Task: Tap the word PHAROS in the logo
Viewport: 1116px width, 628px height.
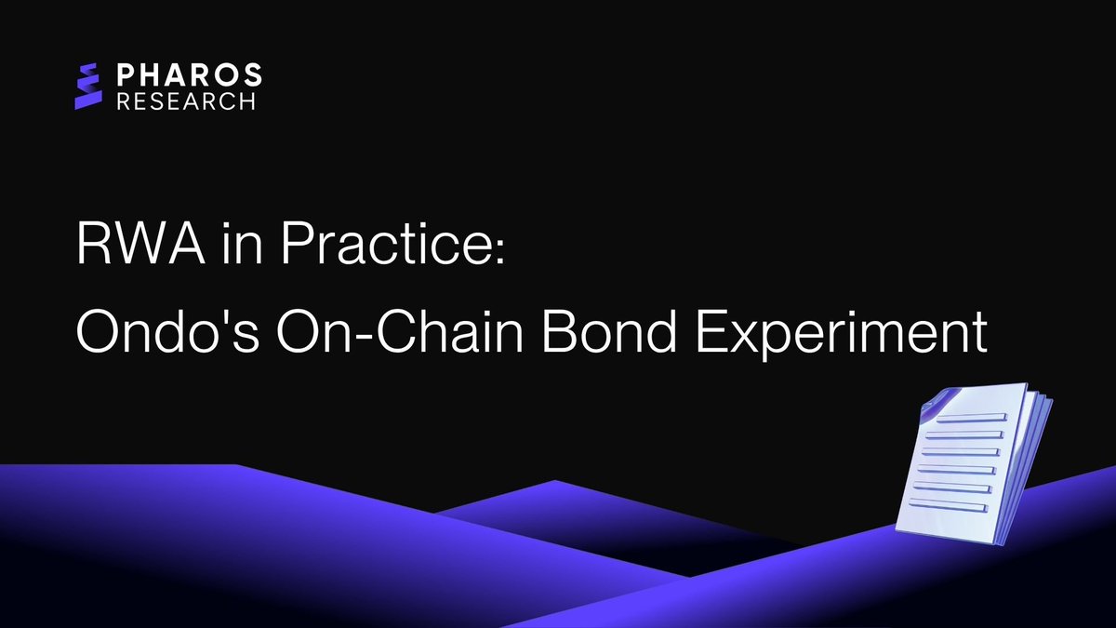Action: (x=190, y=74)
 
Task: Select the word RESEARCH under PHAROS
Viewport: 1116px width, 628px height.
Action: (x=186, y=100)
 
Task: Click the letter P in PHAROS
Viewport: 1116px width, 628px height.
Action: (x=126, y=74)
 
